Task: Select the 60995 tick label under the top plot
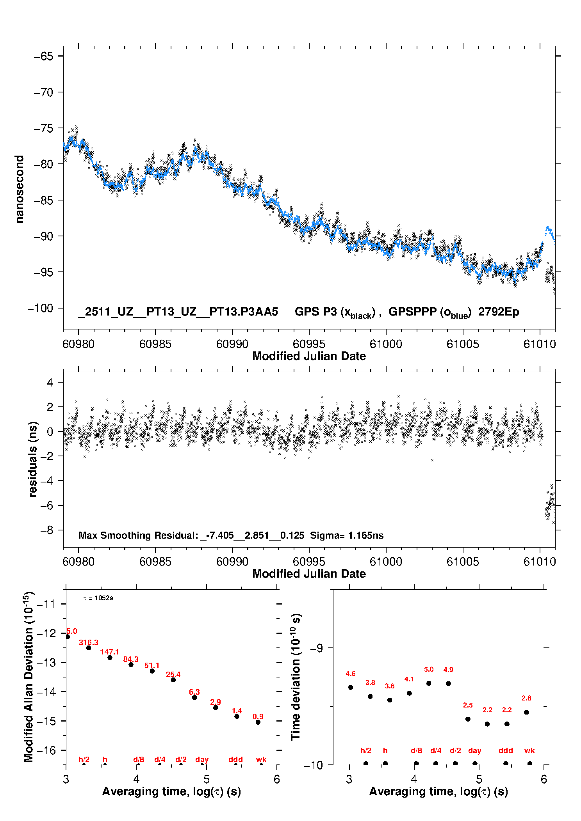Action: (309, 344)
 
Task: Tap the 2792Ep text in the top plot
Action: (499, 312)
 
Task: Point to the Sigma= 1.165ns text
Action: (347, 535)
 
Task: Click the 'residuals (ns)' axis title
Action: (33, 459)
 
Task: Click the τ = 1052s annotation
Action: (98, 598)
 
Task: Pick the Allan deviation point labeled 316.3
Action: (89, 647)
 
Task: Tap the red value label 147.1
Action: (110, 652)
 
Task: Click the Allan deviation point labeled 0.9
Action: (258, 722)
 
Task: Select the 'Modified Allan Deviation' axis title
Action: (29, 677)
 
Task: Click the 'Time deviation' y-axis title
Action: (296, 677)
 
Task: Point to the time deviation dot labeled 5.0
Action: (429, 683)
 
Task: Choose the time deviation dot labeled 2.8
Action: (526, 712)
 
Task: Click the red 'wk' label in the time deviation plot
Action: (529, 750)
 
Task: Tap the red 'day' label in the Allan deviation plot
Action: (202, 759)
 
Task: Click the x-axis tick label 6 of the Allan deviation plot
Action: (277, 779)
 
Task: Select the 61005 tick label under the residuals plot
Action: (463, 562)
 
